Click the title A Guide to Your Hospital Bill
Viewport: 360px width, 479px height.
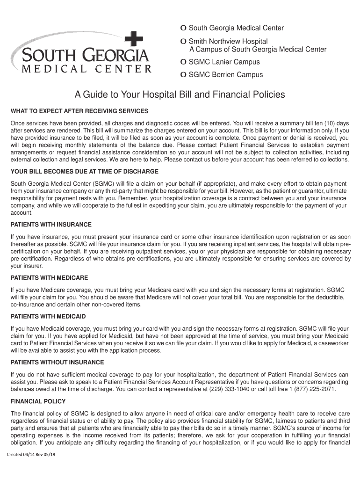[180, 95]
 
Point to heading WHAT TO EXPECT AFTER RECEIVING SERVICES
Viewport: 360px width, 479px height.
[79, 111]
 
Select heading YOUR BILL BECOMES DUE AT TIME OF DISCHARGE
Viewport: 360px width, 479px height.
[85, 172]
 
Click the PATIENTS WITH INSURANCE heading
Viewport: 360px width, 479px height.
[51, 225]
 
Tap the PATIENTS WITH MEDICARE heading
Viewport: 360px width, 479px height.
[49, 277]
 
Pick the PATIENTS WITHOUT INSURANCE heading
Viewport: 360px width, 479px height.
[57, 363]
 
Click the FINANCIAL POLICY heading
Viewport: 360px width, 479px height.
[38, 401]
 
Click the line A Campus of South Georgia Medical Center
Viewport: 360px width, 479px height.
[258, 50]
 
